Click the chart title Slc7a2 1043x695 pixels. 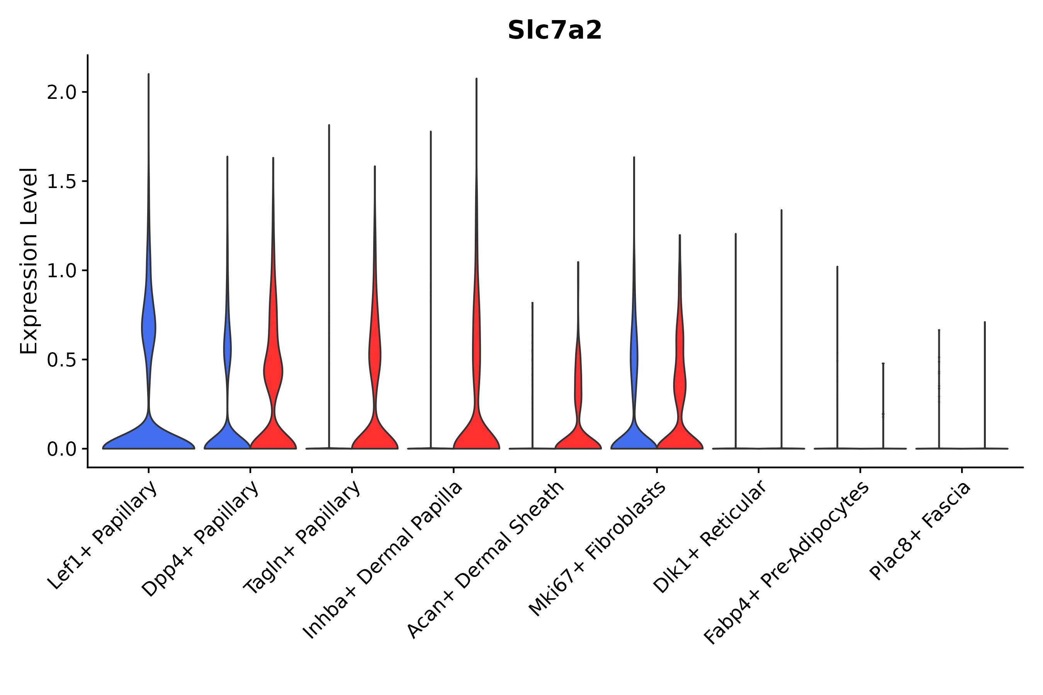[554, 31]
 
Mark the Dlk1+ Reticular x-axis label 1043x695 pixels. [710, 536]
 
